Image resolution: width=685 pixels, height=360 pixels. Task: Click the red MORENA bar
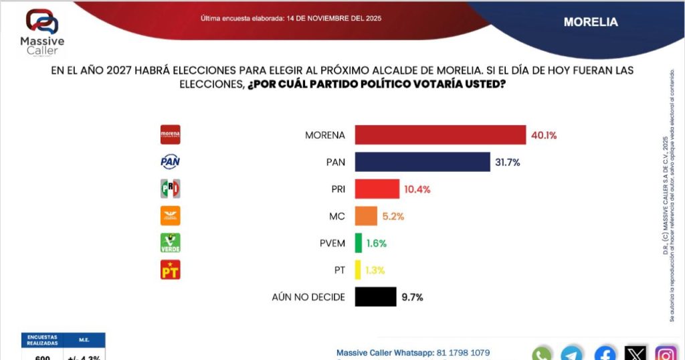pyautogui.click(x=440, y=135)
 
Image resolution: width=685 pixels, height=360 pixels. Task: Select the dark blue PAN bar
pyautogui.click(x=422, y=162)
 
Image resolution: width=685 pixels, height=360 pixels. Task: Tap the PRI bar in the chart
pyautogui.click(x=377, y=189)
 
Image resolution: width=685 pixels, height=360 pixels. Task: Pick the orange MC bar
pyautogui.click(x=366, y=215)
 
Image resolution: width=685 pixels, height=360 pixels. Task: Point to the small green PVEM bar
pyautogui.click(x=359, y=243)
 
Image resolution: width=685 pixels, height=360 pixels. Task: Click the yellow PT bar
pyautogui.click(x=358, y=270)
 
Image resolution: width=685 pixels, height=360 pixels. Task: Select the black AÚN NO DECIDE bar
pyautogui.click(x=375, y=296)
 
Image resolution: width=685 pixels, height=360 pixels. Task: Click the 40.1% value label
pyautogui.click(x=543, y=135)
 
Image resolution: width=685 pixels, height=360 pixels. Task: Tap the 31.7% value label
pyautogui.click(x=507, y=162)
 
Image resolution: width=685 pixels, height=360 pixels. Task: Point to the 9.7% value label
pyautogui.click(x=413, y=296)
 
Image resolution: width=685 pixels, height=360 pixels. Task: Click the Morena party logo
pyautogui.click(x=171, y=135)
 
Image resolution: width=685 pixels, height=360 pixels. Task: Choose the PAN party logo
pyautogui.click(x=171, y=162)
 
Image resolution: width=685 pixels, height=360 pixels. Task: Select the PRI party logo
pyautogui.click(x=171, y=189)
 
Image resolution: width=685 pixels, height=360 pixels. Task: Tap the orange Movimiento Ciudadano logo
pyautogui.click(x=171, y=215)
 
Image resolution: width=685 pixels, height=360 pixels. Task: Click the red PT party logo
pyautogui.click(x=171, y=270)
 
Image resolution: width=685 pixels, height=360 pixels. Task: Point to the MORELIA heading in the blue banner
pyautogui.click(x=591, y=22)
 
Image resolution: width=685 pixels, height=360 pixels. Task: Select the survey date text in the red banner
pyautogui.click(x=291, y=18)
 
